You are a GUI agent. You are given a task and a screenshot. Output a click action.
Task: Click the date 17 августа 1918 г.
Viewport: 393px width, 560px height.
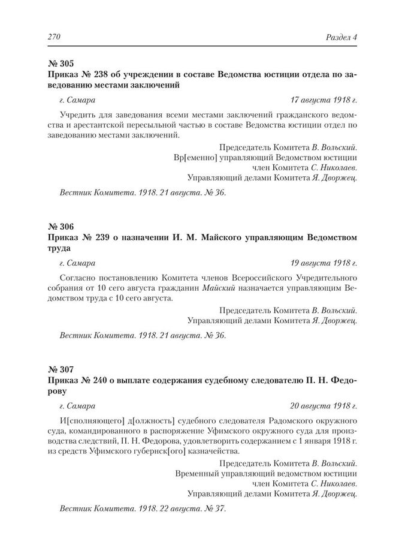tap(324, 100)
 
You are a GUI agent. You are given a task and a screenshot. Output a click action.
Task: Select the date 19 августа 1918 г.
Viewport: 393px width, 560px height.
tap(324, 263)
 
